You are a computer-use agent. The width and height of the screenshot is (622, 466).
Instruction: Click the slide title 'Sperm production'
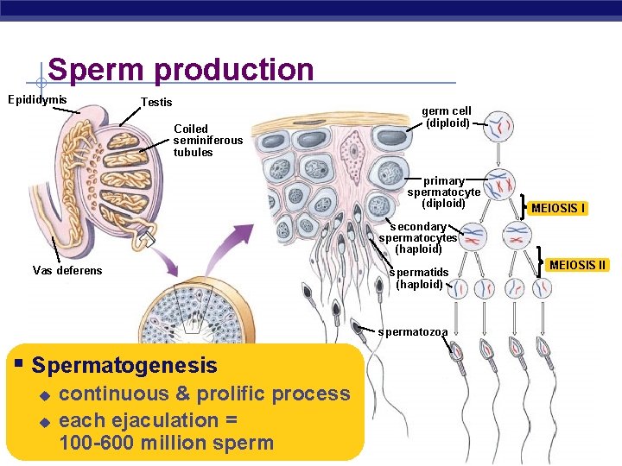[x=181, y=70]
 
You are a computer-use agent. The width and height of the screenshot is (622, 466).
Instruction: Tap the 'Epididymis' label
[x=37, y=100]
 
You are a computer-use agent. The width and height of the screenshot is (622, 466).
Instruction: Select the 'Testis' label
[x=156, y=103]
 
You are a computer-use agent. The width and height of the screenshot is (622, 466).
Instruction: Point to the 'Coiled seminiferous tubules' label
[x=207, y=141]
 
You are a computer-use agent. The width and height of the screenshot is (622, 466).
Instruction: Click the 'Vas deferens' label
[x=67, y=270]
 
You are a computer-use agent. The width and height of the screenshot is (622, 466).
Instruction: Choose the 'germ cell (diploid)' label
[x=447, y=116]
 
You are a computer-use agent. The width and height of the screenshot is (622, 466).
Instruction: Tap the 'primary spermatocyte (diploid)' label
[x=443, y=192]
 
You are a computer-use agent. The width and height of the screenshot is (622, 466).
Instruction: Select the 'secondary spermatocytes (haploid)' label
[x=418, y=237]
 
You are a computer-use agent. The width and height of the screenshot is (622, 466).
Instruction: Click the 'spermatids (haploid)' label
[x=419, y=278]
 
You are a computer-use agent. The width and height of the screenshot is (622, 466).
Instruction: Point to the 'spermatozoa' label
[x=413, y=331]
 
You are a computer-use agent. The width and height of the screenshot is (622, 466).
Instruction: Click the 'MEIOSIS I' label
[x=558, y=208]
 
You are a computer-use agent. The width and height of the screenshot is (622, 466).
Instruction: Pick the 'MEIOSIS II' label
[x=578, y=265]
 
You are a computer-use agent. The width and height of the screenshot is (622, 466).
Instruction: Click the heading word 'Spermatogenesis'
[x=124, y=365]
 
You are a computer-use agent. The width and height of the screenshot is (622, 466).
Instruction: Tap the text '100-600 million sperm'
[x=166, y=444]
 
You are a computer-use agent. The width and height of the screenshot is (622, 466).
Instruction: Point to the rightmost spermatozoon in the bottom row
[x=546, y=353]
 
